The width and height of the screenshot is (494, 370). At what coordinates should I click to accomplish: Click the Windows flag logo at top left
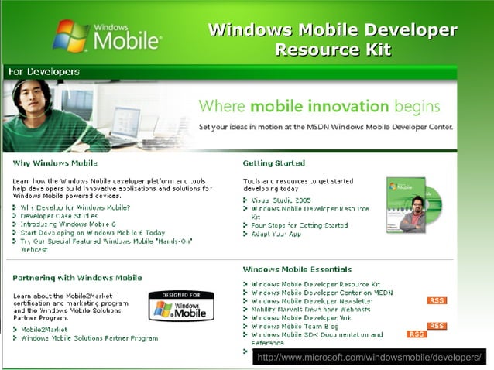point(70,35)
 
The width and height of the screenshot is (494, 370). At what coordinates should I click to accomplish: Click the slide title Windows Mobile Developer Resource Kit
point(333,41)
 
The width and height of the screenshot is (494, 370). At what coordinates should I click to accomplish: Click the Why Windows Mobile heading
point(54,163)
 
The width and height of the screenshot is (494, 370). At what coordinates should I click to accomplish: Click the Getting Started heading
point(274,163)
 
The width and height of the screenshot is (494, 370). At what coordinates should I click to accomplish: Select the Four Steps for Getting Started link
point(300,225)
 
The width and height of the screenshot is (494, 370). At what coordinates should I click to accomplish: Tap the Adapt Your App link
point(276,234)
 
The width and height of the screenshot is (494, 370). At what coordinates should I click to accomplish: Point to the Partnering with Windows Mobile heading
point(77,277)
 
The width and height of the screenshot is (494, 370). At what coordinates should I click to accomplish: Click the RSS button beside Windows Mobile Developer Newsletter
point(437,300)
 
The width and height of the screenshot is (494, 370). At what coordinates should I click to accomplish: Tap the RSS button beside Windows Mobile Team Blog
point(437,326)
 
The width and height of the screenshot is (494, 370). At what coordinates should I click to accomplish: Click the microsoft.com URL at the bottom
point(369,358)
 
